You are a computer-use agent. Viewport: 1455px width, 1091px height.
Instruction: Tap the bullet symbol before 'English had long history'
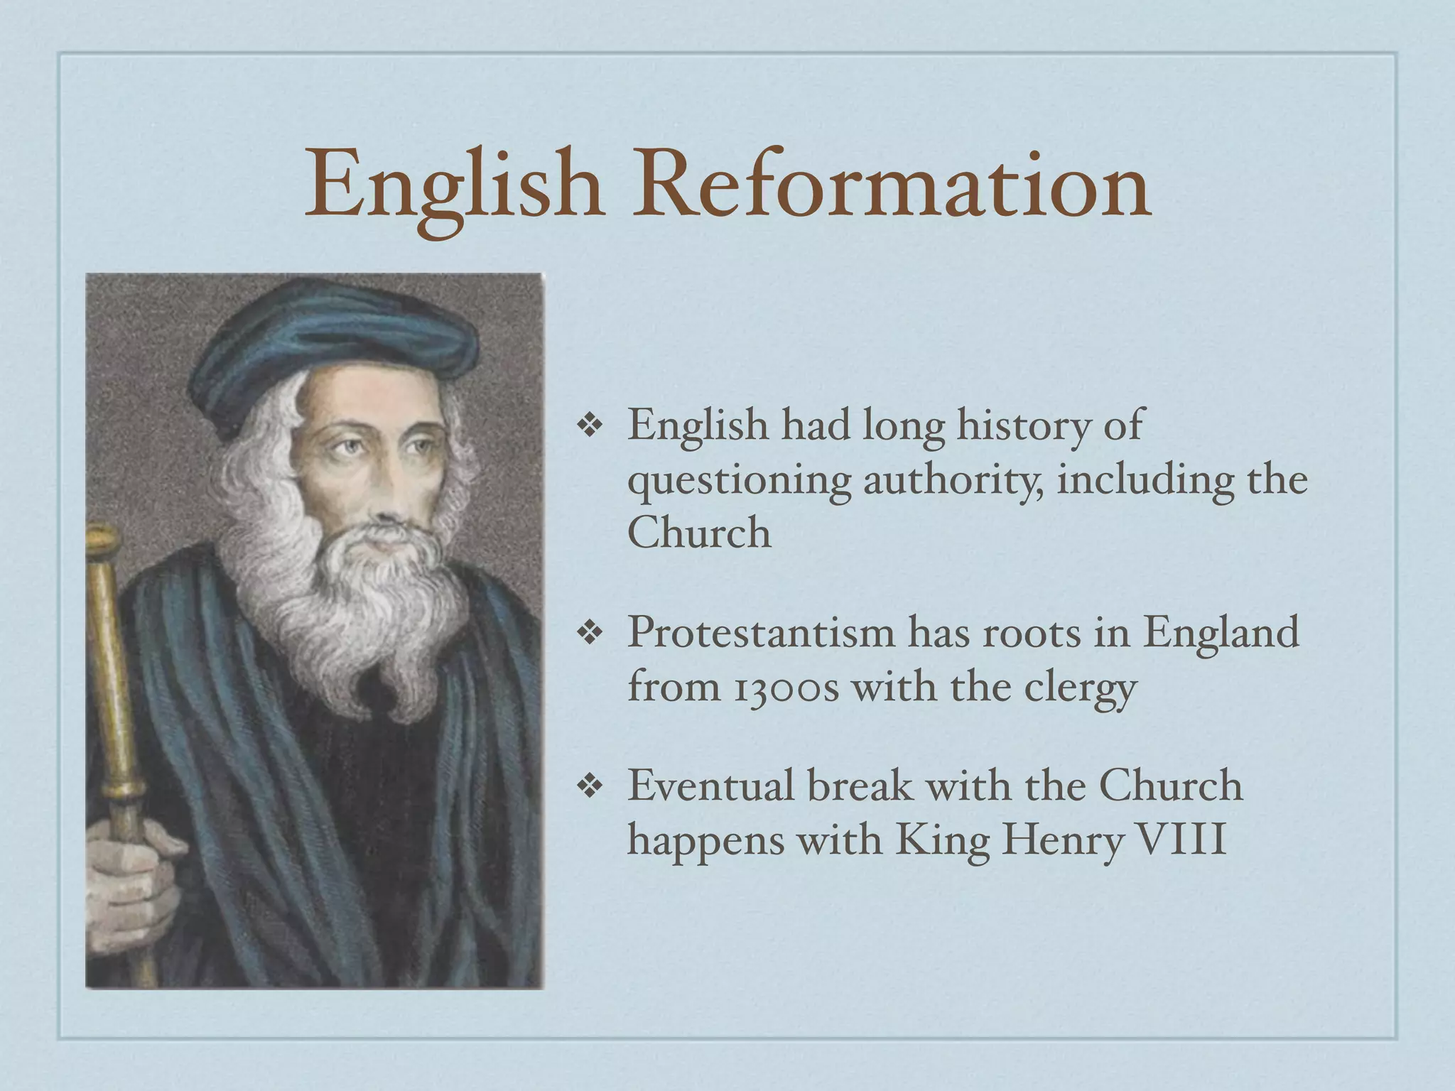tap(590, 426)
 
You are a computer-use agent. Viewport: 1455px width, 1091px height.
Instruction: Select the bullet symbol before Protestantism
tap(590, 633)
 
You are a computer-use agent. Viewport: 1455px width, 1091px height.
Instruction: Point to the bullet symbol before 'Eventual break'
tap(590, 786)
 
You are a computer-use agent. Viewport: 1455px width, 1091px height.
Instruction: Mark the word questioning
tap(739, 482)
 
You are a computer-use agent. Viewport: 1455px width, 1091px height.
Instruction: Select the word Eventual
tap(710, 786)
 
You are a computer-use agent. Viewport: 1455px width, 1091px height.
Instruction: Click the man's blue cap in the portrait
tap(334, 341)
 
